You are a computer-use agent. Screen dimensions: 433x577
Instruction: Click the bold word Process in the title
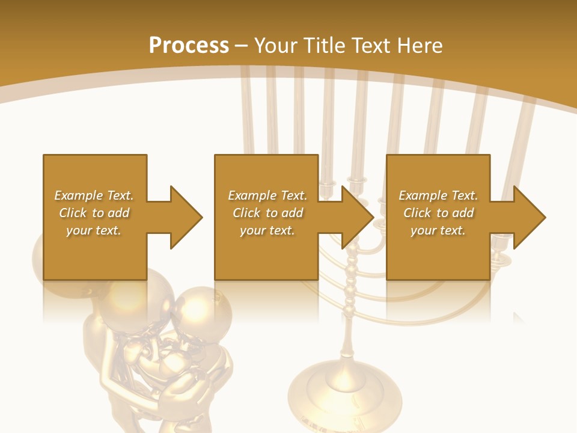[189, 46]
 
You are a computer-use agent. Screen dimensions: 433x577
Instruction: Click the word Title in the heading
[323, 46]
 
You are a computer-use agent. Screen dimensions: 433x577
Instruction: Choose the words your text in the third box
[438, 230]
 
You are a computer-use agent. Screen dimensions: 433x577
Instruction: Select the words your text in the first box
[93, 230]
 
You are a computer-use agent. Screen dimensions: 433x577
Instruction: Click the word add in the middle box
[292, 213]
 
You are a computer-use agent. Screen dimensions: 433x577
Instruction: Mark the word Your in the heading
[275, 46]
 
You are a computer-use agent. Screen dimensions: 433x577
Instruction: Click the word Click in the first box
[73, 213]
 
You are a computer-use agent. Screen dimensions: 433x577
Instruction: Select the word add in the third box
[463, 213]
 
